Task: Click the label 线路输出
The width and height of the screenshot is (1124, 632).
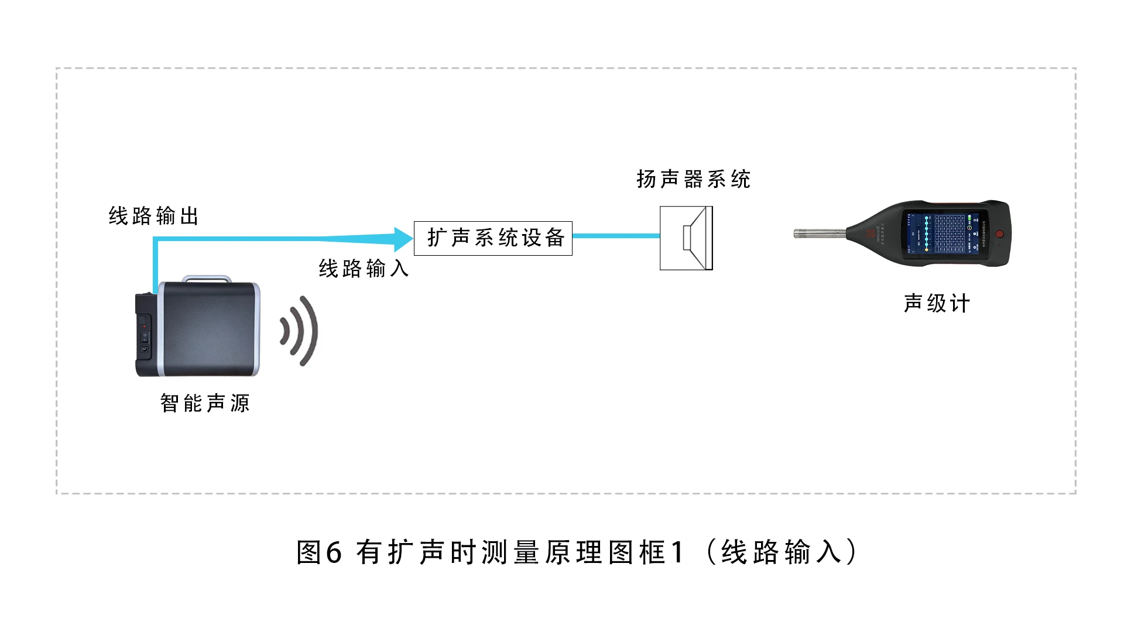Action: point(153,217)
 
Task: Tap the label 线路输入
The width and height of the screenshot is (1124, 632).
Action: point(364,269)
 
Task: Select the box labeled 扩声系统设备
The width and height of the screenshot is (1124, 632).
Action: point(493,238)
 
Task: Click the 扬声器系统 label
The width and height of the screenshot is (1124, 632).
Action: point(693,179)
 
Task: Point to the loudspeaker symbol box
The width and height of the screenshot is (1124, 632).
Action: point(686,238)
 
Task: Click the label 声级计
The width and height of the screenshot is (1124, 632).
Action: point(937,304)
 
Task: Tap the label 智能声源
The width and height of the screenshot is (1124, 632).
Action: point(205,403)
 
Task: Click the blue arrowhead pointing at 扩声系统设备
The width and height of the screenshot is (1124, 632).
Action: point(403,239)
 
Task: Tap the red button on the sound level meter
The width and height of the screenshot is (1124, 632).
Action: point(1000,234)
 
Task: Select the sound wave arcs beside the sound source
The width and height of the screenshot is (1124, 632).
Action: point(300,331)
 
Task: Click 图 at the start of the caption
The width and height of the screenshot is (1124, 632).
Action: point(309,552)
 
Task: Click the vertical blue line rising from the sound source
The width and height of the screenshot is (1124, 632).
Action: point(155,263)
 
